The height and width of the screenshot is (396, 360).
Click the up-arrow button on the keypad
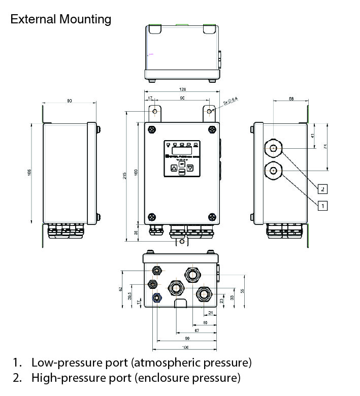pyautogui.click(x=174, y=168)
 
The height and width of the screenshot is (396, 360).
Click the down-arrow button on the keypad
pyautogui.click(x=190, y=168)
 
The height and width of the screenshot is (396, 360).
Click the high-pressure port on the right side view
pyautogui.click(x=274, y=149)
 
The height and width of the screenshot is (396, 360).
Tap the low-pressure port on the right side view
pyautogui.click(x=274, y=171)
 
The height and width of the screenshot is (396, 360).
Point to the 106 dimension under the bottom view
pyautogui.click(x=185, y=347)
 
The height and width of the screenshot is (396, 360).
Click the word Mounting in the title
pyautogui.click(x=85, y=19)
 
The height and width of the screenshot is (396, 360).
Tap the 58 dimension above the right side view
pyautogui.click(x=291, y=99)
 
